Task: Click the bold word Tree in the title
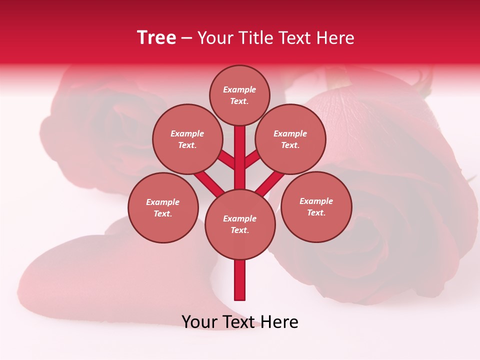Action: pyautogui.click(x=156, y=38)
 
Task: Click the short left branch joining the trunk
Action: pyautogui.click(x=226, y=160)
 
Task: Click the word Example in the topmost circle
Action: pyautogui.click(x=239, y=90)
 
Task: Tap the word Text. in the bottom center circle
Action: pyautogui.click(x=239, y=230)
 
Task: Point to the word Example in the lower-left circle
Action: pyautogui.click(x=162, y=202)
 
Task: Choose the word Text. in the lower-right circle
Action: pyautogui.click(x=316, y=212)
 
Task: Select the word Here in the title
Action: pyautogui.click(x=335, y=38)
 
